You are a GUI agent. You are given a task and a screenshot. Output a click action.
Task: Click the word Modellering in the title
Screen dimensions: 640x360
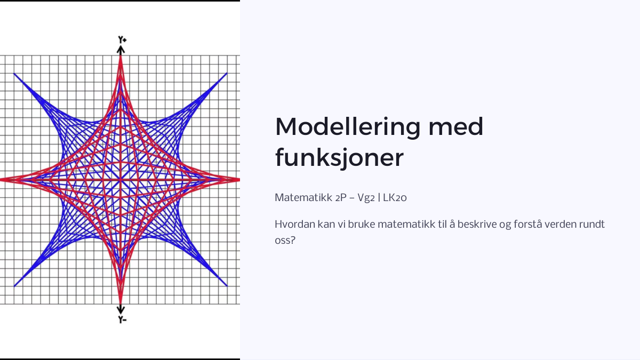pos(348,127)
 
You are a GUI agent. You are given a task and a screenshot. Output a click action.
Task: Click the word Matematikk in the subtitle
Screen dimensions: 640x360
pos(303,197)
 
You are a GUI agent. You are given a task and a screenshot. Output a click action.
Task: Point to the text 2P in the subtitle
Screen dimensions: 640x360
pos(341,197)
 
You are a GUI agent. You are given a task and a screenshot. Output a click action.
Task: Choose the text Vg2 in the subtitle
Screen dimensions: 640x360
pos(366,198)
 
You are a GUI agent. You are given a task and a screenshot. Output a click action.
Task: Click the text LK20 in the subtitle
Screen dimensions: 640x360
pos(395,197)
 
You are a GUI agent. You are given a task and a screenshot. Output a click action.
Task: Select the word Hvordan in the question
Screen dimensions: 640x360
pos(295,225)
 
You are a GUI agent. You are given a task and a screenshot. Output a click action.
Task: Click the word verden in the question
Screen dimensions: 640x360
pos(561,225)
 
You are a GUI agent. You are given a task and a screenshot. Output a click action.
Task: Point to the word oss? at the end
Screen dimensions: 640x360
pos(285,241)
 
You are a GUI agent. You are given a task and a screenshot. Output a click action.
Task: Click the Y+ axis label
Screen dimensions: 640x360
pos(122,40)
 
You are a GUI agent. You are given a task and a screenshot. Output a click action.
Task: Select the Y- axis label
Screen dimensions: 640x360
pos(122,319)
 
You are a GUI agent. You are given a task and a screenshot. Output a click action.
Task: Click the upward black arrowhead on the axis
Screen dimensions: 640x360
pos(121,50)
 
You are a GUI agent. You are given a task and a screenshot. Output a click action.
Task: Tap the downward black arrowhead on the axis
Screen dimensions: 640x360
pos(121,309)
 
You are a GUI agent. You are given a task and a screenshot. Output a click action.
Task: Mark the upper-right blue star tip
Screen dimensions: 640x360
pos(227,73)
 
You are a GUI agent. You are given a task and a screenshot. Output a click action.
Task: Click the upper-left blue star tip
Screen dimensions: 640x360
pos(14,74)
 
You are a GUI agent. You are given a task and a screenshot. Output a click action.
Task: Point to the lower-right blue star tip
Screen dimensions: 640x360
pos(227,286)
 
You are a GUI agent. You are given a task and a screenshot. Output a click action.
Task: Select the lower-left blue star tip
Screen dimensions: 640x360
pos(14,286)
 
